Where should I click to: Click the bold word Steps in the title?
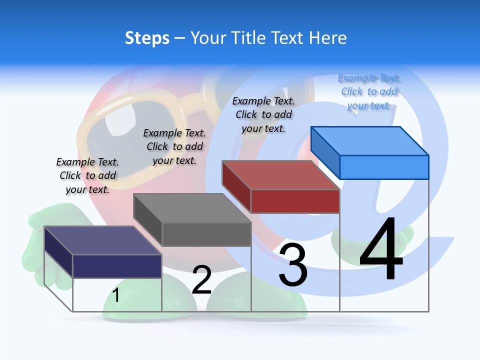pyautogui.click(x=147, y=38)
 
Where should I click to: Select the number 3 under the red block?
pyautogui.click(x=293, y=265)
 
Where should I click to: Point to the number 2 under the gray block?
pyautogui.click(x=201, y=280)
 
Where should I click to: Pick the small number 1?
pyautogui.click(x=116, y=295)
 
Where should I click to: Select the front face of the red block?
pyautogui.click(x=295, y=201)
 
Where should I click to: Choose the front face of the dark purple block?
pyautogui.click(x=117, y=266)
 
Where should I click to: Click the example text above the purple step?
pyautogui.click(x=87, y=175)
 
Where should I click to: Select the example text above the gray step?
pyautogui.click(x=174, y=146)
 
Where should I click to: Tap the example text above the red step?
pyautogui.click(x=263, y=114)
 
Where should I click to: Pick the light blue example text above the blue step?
pyautogui.click(x=369, y=92)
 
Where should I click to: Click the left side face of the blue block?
pyautogui.click(x=325, y=152)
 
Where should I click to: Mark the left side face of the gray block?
pyautogui.click(x=147, y=219)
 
